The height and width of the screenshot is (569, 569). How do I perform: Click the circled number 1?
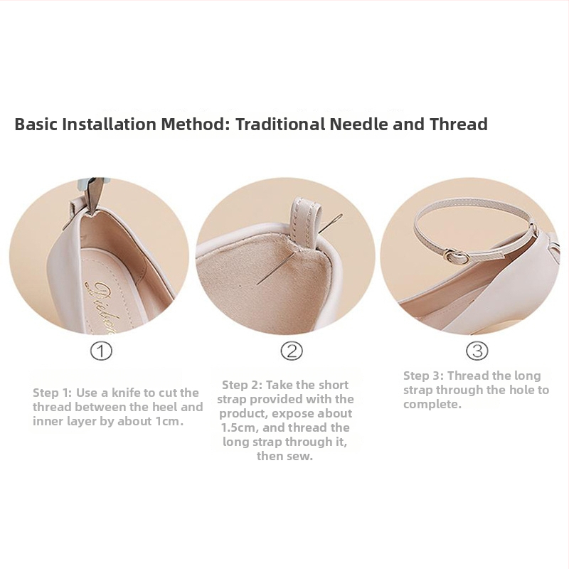101,351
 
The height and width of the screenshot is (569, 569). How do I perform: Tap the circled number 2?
292,351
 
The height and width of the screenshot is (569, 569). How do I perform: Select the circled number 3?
477,351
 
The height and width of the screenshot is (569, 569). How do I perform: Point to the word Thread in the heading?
459,124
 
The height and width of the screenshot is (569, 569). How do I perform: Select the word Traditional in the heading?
280,124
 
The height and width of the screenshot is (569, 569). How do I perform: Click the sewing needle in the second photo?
299,250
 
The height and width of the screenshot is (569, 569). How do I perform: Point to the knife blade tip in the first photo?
90,212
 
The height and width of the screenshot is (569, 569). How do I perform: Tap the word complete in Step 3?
431,405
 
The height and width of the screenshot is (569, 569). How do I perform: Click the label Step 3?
423,376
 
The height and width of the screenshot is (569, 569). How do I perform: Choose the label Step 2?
242,385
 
